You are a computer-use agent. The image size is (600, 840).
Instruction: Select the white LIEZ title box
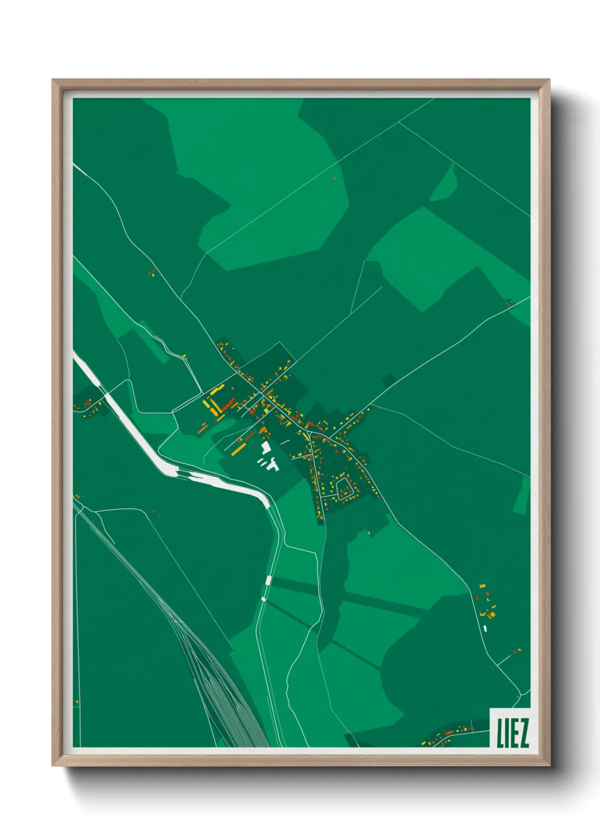click(510, 728)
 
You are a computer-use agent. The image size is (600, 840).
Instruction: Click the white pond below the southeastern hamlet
click(485, 628)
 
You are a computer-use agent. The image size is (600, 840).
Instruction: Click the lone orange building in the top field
click(335, 178)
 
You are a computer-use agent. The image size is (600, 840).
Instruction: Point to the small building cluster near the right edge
click(509, 303)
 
